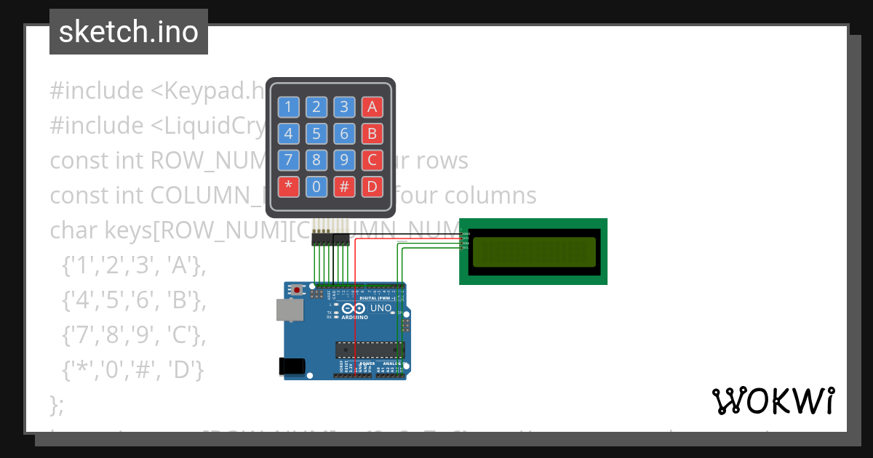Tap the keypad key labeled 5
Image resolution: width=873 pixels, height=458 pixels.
click(316, 134)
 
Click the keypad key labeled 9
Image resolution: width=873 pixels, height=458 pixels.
click(344, 160)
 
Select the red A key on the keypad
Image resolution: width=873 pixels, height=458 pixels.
click(372, 108)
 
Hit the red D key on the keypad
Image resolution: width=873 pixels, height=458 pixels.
click(372, 187)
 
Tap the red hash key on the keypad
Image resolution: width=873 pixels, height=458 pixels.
click(344, 187)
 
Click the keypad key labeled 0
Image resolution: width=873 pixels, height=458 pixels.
click(316, 187)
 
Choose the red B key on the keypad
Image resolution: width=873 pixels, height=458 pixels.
click(372, 134)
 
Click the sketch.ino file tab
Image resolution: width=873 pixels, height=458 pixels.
click(129, 32)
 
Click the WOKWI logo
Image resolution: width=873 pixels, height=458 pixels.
click(773, 401)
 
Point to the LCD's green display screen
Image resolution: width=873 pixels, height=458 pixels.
click(533, 252)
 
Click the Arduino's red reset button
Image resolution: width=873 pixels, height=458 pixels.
click(297, 289)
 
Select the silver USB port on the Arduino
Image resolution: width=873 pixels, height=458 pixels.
click(290, 310)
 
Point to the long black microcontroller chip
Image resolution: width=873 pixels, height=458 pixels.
click(369, 350)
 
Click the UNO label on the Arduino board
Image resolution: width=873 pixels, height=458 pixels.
click(381, 308)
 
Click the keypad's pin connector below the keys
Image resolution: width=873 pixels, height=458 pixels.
click(330, 238)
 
